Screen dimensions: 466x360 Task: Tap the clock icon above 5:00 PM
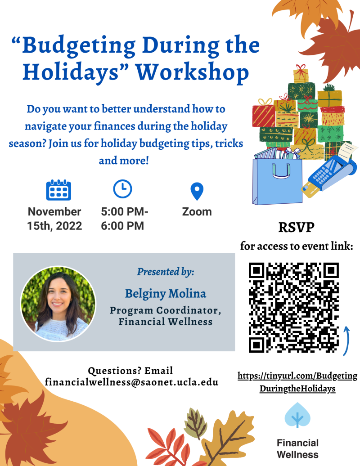pos(122,189)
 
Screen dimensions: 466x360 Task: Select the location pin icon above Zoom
pos(197,191)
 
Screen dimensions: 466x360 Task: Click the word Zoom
pos(197,211)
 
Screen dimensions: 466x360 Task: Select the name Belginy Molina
pos(165,294)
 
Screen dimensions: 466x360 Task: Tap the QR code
pos(293,308)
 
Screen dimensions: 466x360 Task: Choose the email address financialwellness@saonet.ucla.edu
pos(131,382)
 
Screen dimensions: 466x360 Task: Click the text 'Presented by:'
pos(165,272)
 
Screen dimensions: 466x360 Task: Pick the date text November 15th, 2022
pos(54,218)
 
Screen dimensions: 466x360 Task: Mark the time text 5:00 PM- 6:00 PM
pos(125,218)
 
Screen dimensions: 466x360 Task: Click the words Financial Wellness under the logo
pos(297,448)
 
